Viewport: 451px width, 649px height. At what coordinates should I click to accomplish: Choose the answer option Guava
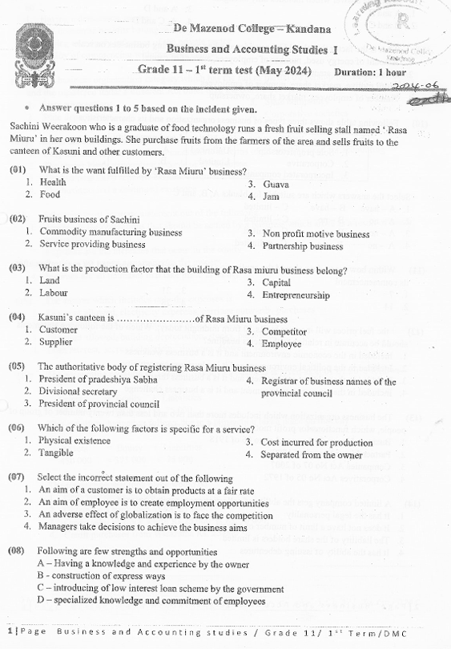pyautogui.click(x=276, y=184)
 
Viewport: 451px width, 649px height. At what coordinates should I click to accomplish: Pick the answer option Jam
pyautogui.click(x=272, y=196)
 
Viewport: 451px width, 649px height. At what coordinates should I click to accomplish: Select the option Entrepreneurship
pyautogui.click(x=296, y=295)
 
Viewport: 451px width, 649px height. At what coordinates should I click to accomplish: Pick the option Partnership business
pyautogui.click(x=302, y=245)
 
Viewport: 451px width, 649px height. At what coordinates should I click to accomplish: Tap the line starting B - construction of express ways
pyautogui.click(x=100, y=576)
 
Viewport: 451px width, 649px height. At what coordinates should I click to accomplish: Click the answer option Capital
pyautogui.click(x=276, y=282)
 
